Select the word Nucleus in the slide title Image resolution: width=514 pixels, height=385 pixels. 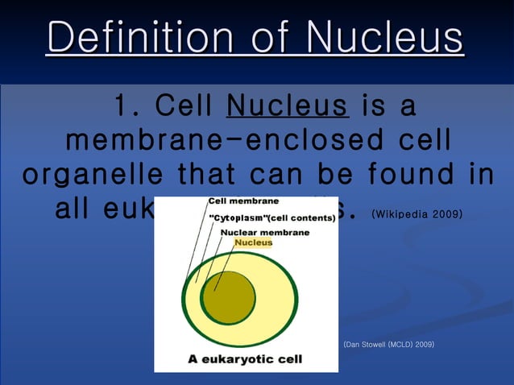tap(386, 38)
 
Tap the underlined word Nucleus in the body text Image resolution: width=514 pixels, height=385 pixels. tap(288, 106)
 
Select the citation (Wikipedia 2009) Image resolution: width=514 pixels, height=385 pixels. tap(416, 215)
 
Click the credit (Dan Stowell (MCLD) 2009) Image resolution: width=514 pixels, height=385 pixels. tap(388, 344)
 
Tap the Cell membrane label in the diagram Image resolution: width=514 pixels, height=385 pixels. tap(244, 201)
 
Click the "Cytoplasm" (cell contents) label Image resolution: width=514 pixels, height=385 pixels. tap(272, 217)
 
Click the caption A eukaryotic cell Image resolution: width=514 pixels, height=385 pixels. tap(245, 359)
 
